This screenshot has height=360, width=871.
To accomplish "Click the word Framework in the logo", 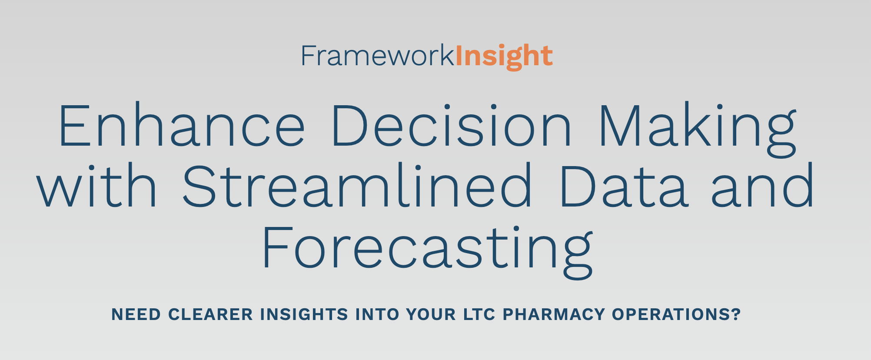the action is tap(378, 56).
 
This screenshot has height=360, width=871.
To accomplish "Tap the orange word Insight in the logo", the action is tap(504, 57).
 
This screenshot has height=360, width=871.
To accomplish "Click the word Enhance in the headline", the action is tap(182, 125).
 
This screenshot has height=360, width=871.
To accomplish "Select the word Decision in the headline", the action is tap(451, 125).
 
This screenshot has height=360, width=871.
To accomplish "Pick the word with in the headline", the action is tap(97, 186).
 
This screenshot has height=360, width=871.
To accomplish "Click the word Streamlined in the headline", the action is tap(358, 186).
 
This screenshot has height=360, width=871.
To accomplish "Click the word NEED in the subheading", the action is tap(136, 314).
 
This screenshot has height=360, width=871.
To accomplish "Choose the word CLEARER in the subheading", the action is tap(211, 314).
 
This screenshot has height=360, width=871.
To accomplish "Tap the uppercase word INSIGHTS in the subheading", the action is tap(304, 314).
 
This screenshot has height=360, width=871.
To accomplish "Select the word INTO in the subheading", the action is tap(377, 314).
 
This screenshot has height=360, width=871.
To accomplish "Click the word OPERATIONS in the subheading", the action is tap(672, 314).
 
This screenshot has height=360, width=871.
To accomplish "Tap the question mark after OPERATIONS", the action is tap(736, 314).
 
